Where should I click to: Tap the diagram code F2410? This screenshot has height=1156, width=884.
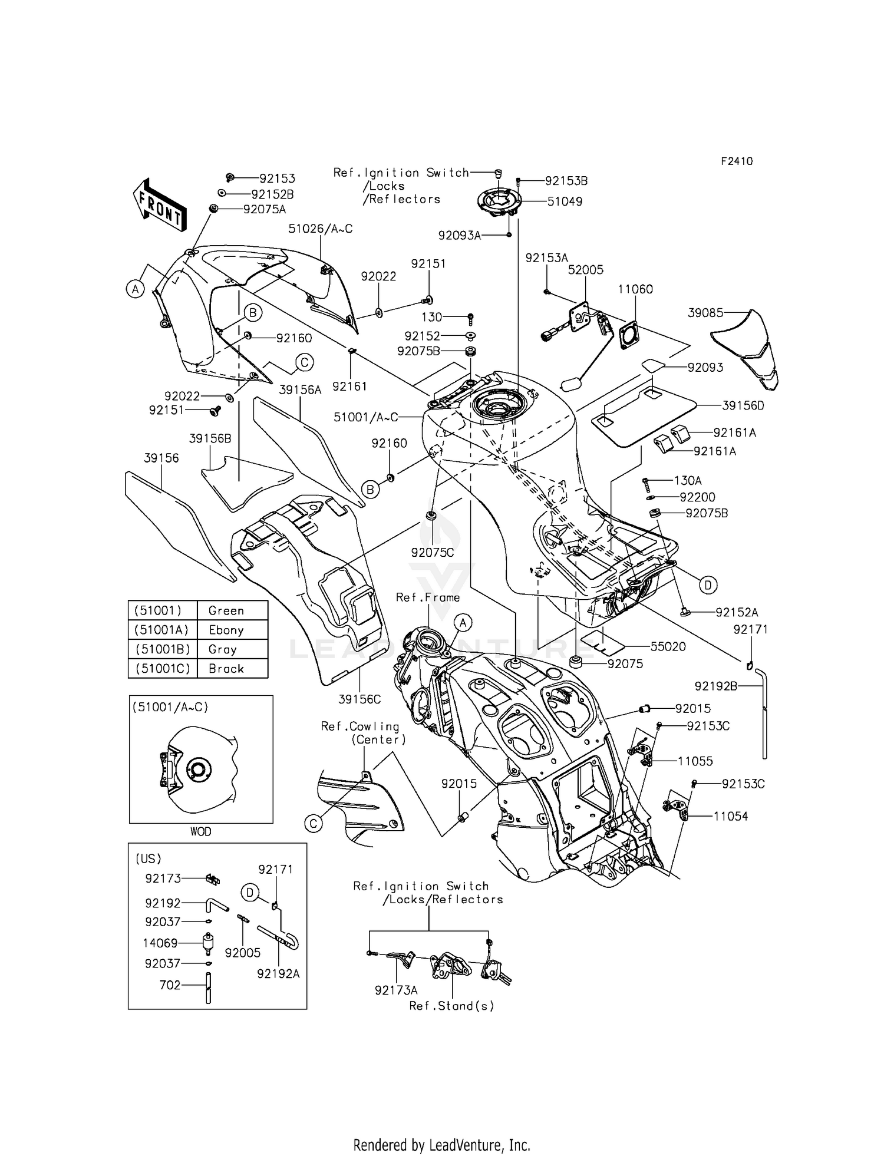737,161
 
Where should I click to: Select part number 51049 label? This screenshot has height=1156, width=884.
565,202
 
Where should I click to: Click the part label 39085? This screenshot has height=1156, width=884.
705,313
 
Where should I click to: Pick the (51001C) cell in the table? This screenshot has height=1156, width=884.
163,669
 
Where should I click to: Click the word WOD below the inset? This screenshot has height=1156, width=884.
200,831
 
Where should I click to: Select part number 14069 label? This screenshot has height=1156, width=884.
160,943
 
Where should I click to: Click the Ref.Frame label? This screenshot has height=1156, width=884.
428,597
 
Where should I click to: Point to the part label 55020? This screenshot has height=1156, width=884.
668,646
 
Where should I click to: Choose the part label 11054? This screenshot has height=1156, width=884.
731,816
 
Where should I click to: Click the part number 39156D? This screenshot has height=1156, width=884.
743,405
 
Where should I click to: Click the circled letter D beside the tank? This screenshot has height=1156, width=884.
708,584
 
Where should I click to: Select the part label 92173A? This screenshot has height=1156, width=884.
396,990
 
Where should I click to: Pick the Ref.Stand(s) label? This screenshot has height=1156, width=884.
452,1006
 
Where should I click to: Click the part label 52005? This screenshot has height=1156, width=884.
586,270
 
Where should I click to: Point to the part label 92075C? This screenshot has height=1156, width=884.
433,552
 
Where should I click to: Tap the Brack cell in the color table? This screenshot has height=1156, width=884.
226,669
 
